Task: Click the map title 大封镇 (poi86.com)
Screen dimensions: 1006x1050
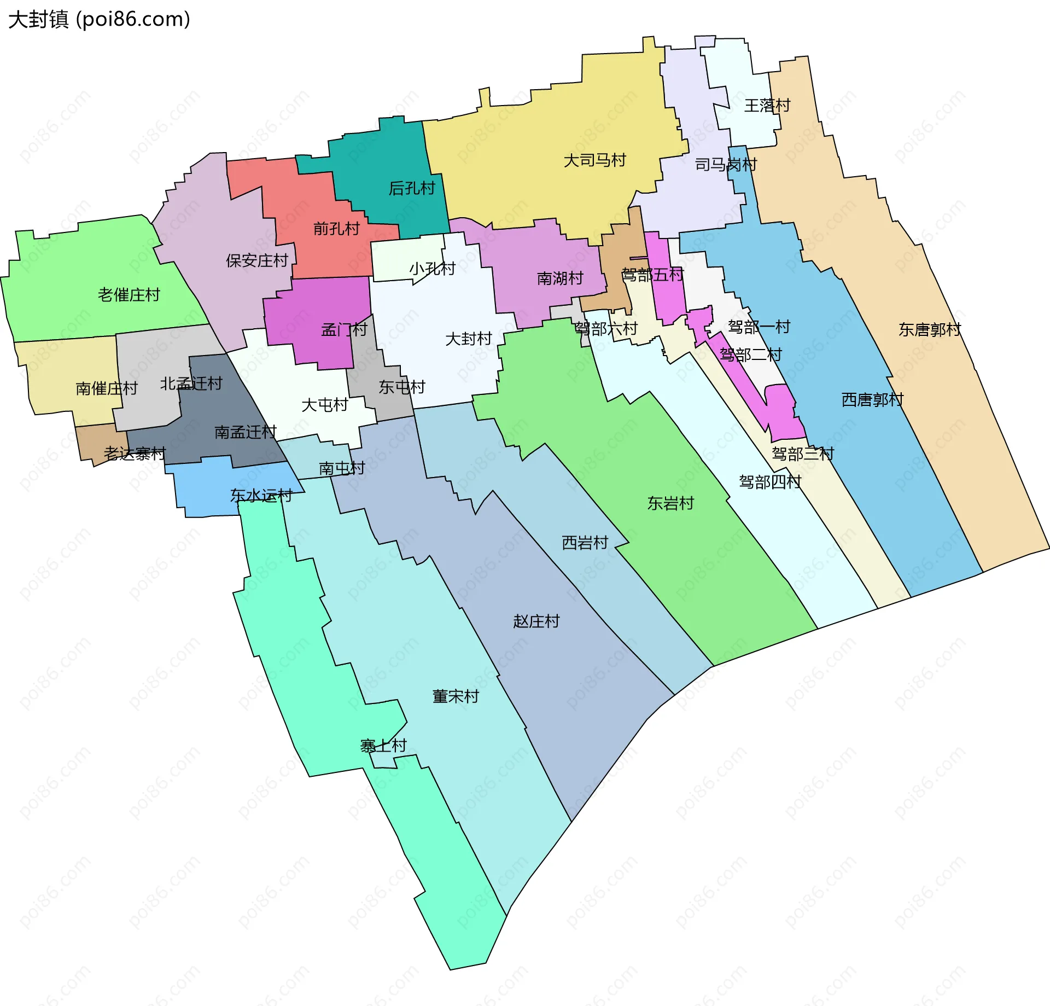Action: (99, 20)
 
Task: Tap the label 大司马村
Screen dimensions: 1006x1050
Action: (594, 160)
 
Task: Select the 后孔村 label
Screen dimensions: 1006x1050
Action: (411, 188)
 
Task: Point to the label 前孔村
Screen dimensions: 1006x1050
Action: (336, 228)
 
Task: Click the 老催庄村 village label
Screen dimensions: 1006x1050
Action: (129, 295)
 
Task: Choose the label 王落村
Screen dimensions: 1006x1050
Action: (767, 105)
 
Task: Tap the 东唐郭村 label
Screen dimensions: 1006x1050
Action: (929, 329)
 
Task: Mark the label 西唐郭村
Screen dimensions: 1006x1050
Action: (872, 399)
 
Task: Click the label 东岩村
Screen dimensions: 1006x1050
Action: (670, 503)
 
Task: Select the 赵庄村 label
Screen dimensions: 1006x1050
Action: (536, 621)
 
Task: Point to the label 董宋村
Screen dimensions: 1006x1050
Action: (456, 696)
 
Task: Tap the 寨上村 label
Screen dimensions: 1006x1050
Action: (383, 745)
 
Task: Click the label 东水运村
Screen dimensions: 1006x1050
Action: (261, 495)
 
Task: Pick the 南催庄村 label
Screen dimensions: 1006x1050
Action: (106, 388)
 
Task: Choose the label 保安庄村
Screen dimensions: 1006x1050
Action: (256, 260)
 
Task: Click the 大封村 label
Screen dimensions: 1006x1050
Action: (469, 339)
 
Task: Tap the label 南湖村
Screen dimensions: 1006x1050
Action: (560, 278)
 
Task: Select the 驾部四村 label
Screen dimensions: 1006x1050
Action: (769, 482)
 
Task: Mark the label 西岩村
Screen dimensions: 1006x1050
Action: (585, 542)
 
